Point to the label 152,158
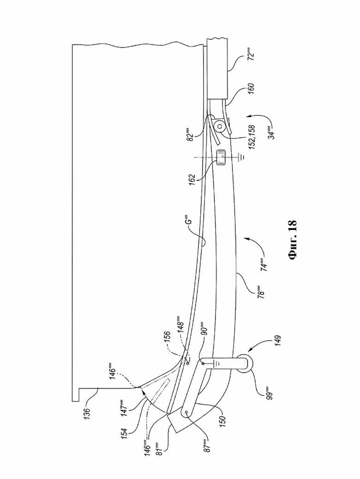253,137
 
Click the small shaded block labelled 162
220,157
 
